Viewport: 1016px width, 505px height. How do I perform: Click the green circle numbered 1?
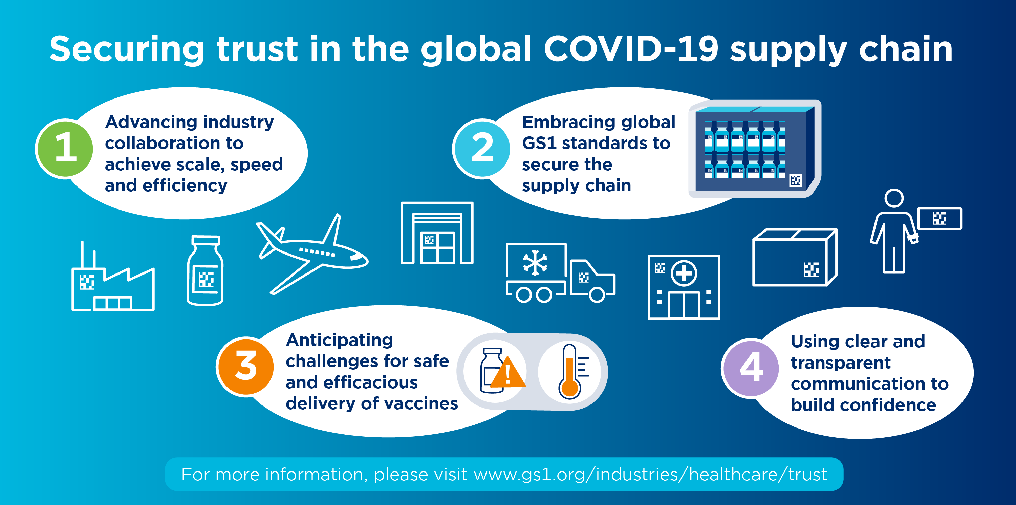click(65, 149)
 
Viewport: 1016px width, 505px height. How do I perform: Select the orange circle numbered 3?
click(246, 367)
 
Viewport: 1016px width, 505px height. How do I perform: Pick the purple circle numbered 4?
click(751, 368)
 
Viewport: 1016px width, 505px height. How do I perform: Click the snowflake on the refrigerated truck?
click(535, 263)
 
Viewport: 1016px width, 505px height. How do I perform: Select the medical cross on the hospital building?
click(684, 273)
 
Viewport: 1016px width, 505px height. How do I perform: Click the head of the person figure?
click(894, 198)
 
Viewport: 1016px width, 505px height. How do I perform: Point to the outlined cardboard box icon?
click(794, 258)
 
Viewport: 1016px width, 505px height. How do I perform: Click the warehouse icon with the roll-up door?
click(437, 234)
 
